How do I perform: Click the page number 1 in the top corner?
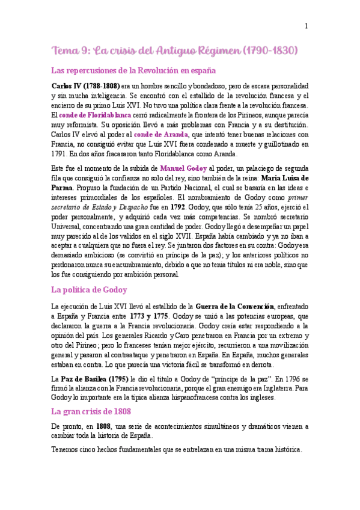(x=306, y=26)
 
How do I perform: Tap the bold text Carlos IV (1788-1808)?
(x=86, y=86)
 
